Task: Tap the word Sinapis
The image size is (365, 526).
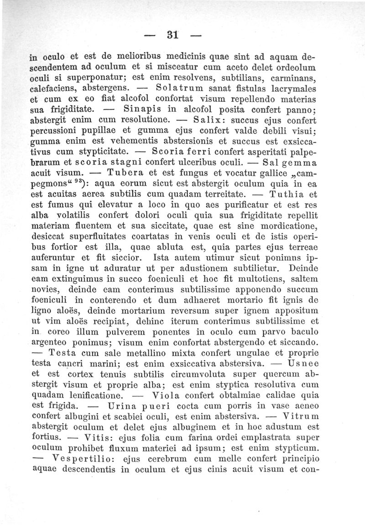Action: pyautogui.click(x=143, y=109)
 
